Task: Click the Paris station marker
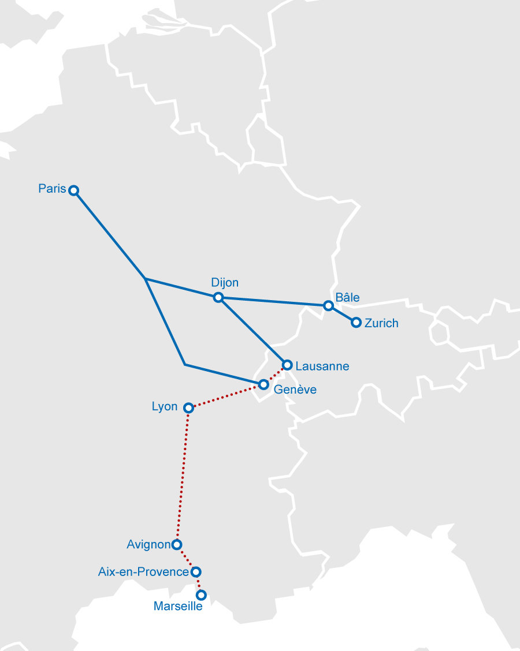[73, 190]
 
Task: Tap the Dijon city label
[225, 283]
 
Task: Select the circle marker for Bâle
[328, 305]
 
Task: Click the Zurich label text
[381, 323]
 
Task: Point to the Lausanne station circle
[287, 365]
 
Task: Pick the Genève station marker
[263, 384]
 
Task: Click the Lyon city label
[165, 407]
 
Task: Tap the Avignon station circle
[177, 544]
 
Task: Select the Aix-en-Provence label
[144, 572]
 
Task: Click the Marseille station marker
[201, 594]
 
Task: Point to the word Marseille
[178, 607]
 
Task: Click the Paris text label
[53, 189]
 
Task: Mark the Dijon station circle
[218, 297]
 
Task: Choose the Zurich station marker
[356, 323]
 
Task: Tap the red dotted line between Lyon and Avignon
[183, 473]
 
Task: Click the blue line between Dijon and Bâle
[272, 301]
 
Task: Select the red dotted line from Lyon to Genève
[225, 396]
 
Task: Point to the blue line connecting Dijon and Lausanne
[252, 331]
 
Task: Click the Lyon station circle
[188, 408]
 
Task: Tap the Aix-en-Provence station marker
[195, 572]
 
